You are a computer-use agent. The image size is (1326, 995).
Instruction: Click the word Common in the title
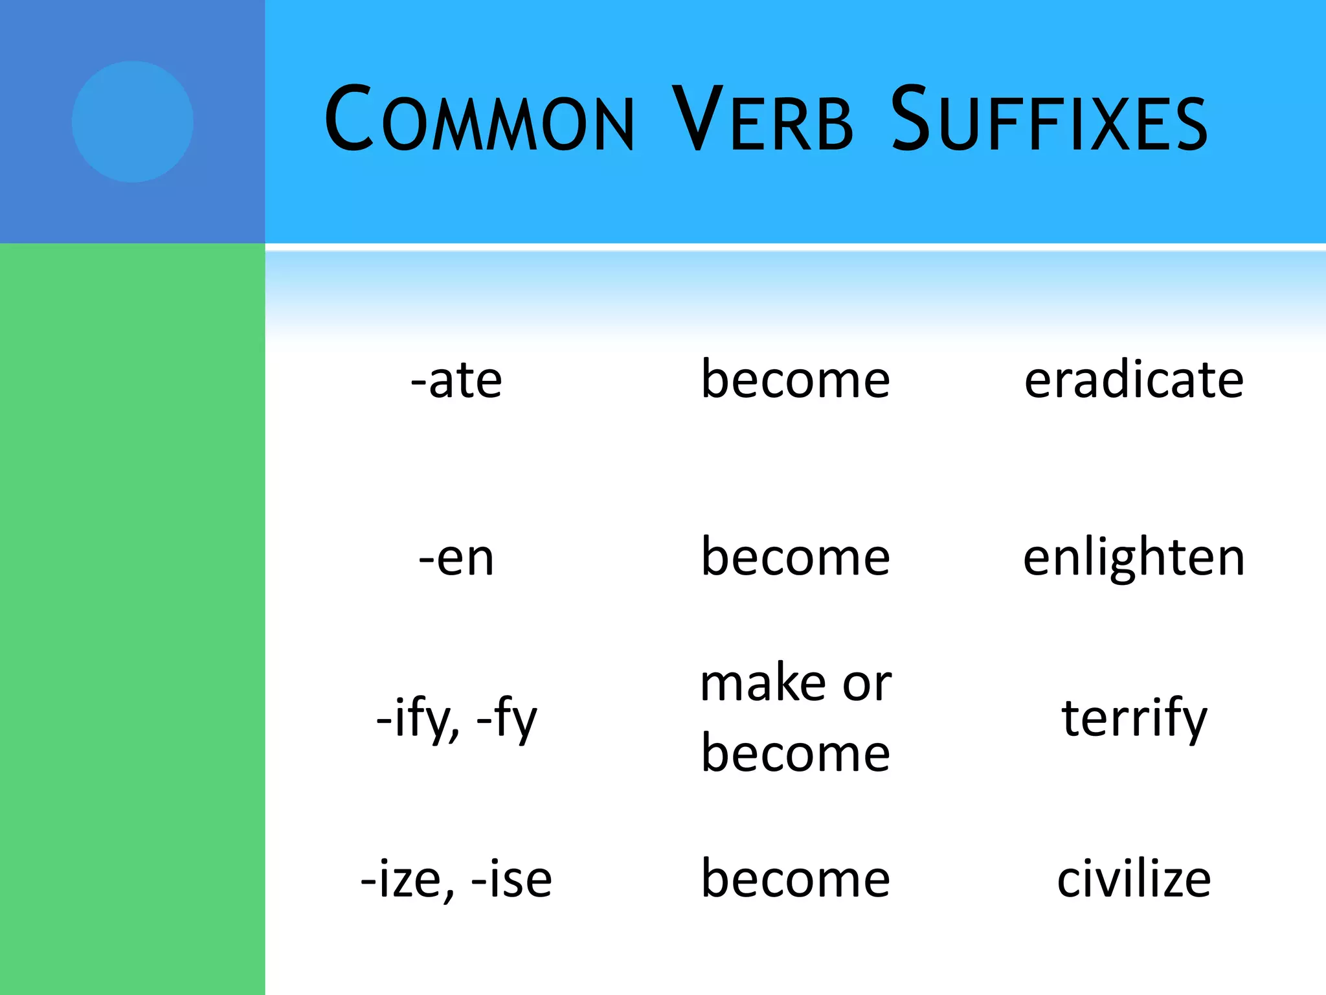[x=479, y=120]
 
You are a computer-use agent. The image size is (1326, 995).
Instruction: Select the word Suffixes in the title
[x=1049, y=120]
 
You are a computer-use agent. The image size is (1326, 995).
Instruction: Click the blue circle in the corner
[x=133, y=122]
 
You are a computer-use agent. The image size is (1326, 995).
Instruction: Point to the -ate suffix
[x=456, y=380]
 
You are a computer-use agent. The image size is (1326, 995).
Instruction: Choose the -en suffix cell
[x=456, y=558]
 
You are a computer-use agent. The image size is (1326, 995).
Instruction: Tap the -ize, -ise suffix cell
[x=456, y=879]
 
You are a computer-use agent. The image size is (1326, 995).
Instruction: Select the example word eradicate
[x=1134, y=380]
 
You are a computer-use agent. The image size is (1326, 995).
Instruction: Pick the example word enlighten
[x=1134, y=558]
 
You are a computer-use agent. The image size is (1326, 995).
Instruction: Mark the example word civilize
[x=1134, y=879]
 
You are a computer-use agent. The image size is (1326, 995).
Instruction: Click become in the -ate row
[x=796, y=380]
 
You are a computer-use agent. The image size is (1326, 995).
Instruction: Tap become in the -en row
[x=796, y=558]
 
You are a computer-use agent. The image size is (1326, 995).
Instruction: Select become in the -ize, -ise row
[x=796, y=879]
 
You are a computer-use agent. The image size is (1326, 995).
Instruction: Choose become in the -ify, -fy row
[x=796, y=753]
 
